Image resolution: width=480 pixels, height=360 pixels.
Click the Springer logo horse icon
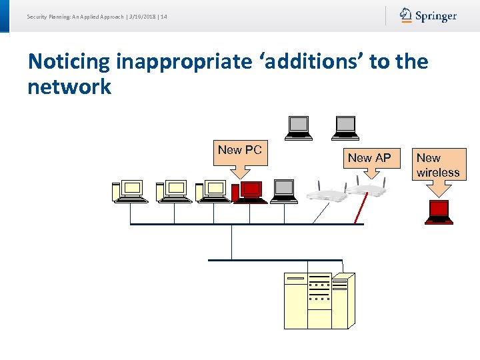coord(406,15)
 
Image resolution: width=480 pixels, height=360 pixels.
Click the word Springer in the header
coord(436,16)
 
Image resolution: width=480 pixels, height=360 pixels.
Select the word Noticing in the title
coord(69,62)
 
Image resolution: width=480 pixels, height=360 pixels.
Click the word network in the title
coord(69,87)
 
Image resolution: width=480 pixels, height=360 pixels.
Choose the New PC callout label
coord(239,151)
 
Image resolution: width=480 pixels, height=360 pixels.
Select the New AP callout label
coord(369,158)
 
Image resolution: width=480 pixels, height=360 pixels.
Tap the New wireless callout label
coord(438,165)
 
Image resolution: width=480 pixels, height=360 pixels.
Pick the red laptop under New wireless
coord(439,212)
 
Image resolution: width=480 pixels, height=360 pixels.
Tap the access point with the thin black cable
coord(327,194)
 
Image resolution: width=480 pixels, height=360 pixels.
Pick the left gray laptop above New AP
coord(299,127)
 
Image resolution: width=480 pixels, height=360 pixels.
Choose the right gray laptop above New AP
coord(346,127)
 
